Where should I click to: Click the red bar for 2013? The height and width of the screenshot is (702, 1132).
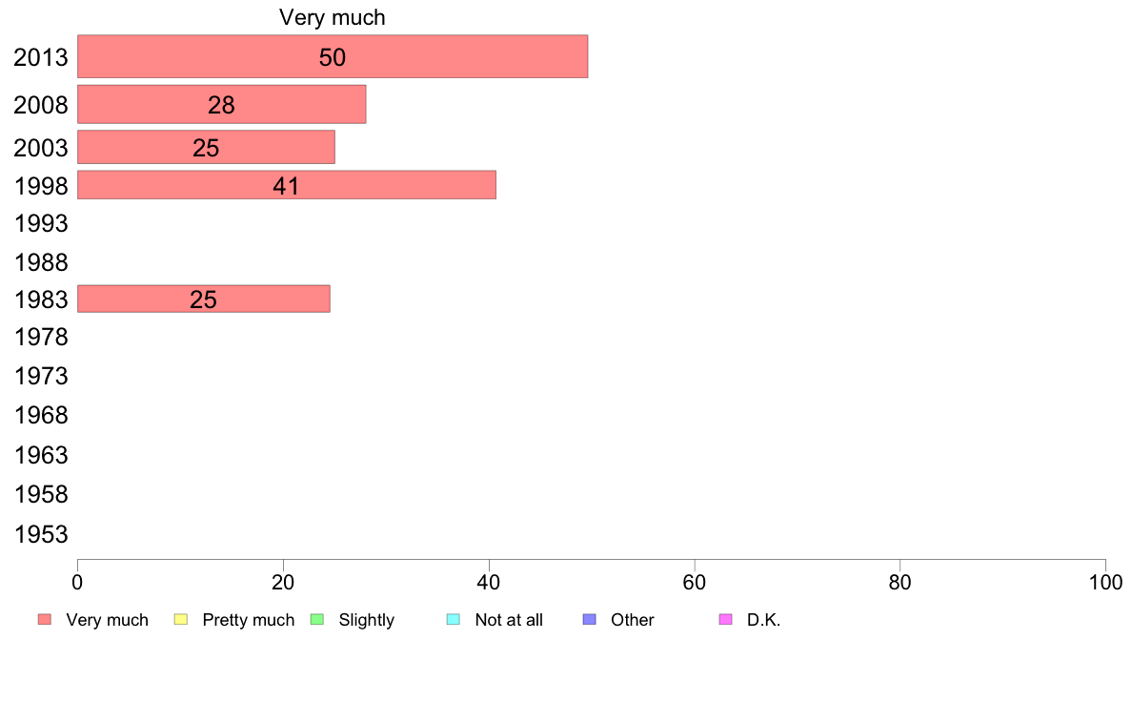coord(332,56)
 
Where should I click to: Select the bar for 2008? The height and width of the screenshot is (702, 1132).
coord(221,104)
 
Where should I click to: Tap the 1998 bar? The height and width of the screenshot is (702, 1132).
coord(286,185)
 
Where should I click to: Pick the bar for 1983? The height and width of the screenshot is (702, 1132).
coord(203,299)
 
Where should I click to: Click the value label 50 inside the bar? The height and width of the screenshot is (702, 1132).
coord(332,57)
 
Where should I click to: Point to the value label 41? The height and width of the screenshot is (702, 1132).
coord(286,186)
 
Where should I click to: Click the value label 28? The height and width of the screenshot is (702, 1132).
coord(221,105)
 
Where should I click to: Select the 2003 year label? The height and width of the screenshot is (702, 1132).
coord(41,148)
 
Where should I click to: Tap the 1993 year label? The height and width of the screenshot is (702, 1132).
coord(41,224)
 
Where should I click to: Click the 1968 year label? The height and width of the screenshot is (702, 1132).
coord(41,416)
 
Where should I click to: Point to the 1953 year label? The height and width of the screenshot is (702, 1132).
coord(41,534)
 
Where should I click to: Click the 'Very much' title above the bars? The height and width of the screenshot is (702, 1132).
coord(332,17)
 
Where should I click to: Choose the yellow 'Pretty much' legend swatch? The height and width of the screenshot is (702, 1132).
coord(181,620)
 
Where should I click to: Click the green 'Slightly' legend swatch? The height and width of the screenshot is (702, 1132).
coord(317,620)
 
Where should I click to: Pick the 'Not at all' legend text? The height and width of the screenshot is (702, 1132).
coord(509,620)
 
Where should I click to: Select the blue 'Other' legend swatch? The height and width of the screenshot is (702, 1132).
coord(589,620)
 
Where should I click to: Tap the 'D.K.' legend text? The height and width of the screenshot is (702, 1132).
coord(763,620)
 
